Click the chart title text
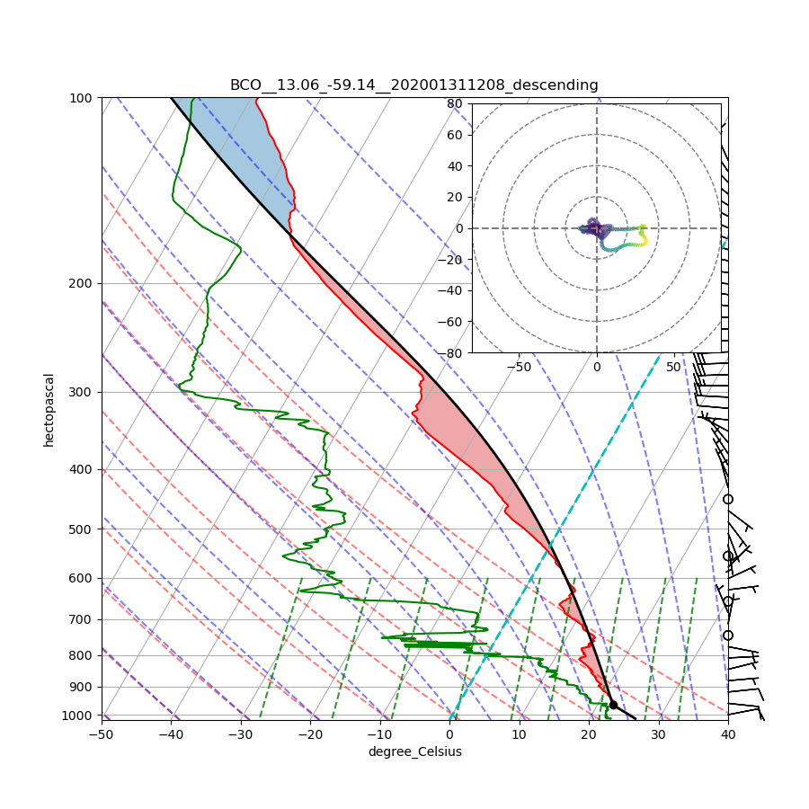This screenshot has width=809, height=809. click(x=413, y=85)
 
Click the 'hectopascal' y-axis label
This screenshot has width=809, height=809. click(x=49, y=409)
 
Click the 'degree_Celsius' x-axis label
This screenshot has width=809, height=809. click(x=414, y=751)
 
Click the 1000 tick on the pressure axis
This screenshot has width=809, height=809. click(x=79, y=716)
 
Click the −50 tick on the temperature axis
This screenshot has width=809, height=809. click(x=101, y=734)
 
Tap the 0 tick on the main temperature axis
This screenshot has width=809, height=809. click(x=449, y=734)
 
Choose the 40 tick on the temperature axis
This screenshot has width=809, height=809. click(x=728, y=734)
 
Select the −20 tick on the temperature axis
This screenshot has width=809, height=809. click(x=310, y=734)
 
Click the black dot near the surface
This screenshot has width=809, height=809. click(x=613, y=705)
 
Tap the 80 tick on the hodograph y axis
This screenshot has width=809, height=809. click(x=455, y=103)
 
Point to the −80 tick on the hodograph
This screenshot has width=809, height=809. click(x=452, y=353)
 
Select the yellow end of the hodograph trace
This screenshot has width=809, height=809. click(x=645, y=228)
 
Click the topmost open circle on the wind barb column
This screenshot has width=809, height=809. click(x=728, y=499)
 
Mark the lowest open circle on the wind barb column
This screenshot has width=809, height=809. click(x=728, y=636)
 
